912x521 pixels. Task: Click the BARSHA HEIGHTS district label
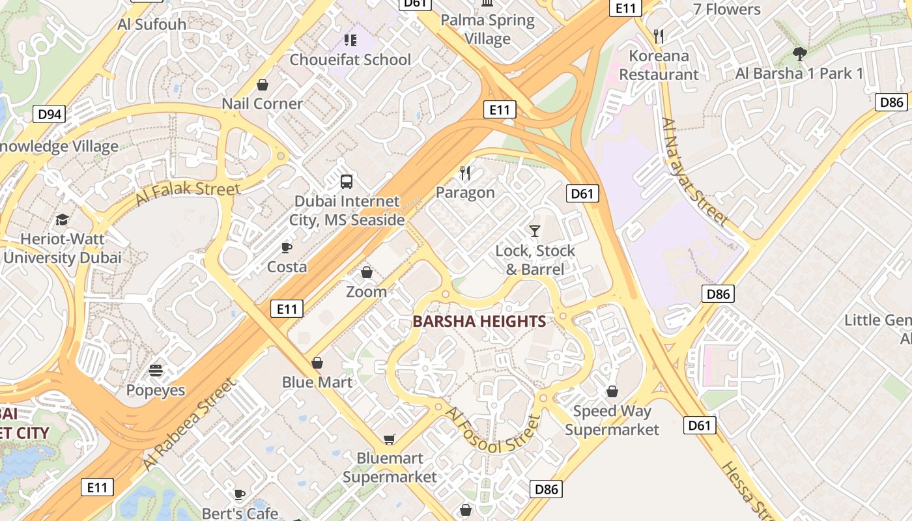[479, 321]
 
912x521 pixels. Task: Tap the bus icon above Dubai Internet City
[347, 182]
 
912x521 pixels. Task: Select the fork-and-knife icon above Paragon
[465, 173]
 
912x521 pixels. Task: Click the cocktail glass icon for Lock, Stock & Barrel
[535, 231]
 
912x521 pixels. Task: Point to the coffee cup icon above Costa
[286, 247]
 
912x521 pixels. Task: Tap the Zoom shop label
[366, 292]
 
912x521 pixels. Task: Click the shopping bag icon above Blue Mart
[317, 363]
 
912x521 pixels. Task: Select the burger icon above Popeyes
[156, 371]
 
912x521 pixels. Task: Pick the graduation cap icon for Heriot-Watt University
[62, 219]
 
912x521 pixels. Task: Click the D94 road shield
[50, 115]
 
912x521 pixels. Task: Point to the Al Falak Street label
[188, 193]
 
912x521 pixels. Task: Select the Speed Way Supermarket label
[612, 420]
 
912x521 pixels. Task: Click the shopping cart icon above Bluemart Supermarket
[389, 439]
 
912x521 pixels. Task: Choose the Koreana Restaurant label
[659, 65]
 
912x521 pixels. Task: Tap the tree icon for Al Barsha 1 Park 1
[799, 53]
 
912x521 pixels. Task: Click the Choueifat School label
[350, 59]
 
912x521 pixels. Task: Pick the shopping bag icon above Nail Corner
[263, 85]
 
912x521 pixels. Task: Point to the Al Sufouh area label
[152, 24]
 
